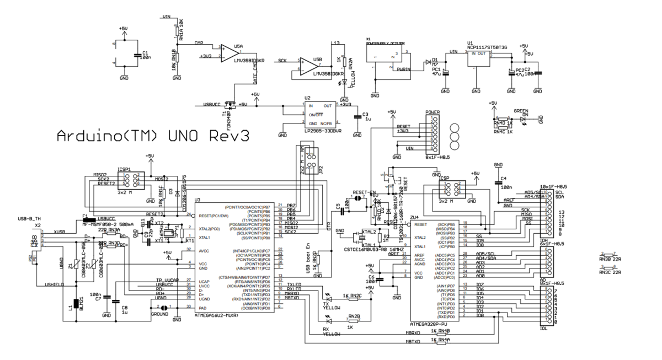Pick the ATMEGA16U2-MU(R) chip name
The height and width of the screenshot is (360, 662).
(x=216, y=316)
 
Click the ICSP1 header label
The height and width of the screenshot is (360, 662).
(x=124, y=169)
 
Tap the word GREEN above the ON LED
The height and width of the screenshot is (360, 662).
(x=521, y=110)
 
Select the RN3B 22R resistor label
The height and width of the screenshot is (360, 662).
(x=609, y=258)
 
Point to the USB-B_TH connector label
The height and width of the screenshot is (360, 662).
(x=29, y=219)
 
